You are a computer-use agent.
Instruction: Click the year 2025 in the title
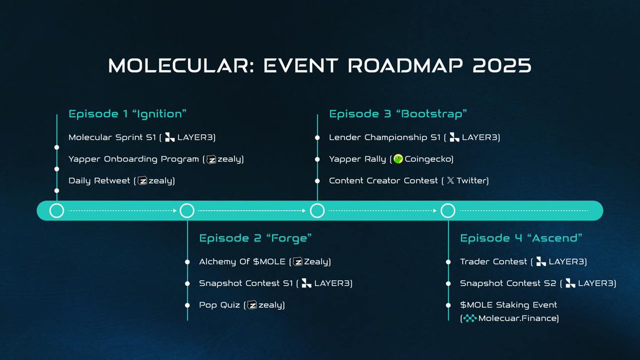(x=502, y=66)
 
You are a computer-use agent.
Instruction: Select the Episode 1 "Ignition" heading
(x=127, y=114)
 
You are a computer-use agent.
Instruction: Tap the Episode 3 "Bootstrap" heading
(x=398, y=114)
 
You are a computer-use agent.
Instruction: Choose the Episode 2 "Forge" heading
(x=255, y=238)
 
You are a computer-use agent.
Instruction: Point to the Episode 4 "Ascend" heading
(x=521, y=238)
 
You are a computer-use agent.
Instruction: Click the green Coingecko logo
(x=398, y=159)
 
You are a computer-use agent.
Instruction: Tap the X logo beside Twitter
(x=450, y=180)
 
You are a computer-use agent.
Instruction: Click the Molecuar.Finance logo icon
(x=470, y=318)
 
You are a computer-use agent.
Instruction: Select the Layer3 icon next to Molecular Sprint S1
(x=170, y=137)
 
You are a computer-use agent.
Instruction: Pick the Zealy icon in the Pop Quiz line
(x=252, y=305)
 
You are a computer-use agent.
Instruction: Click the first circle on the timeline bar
(x=57, y=211)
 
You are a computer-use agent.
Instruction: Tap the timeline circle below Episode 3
(x=317, y=211)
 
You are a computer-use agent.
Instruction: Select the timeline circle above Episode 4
(x=447, y=211)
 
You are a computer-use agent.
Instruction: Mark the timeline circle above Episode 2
(x=187, y=211)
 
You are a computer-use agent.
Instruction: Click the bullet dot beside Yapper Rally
(x=317, y=159)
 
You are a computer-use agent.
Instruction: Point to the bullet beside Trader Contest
(x=449, y=262)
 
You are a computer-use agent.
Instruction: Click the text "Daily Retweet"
(x=99, y=181)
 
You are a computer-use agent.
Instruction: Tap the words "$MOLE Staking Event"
(x=509, y=305)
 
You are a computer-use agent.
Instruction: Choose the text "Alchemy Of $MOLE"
(x=242, y=261)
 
